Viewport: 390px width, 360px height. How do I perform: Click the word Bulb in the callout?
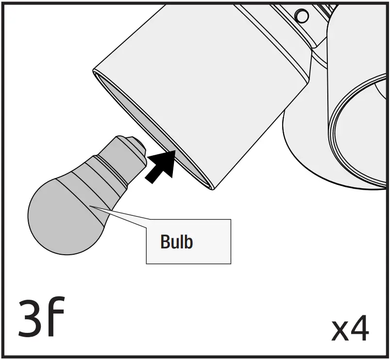[x=176, y=241]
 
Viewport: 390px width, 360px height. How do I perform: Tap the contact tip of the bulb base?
[x=139, y=145]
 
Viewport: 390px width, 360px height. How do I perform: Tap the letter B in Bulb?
[x=165, y=241]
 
